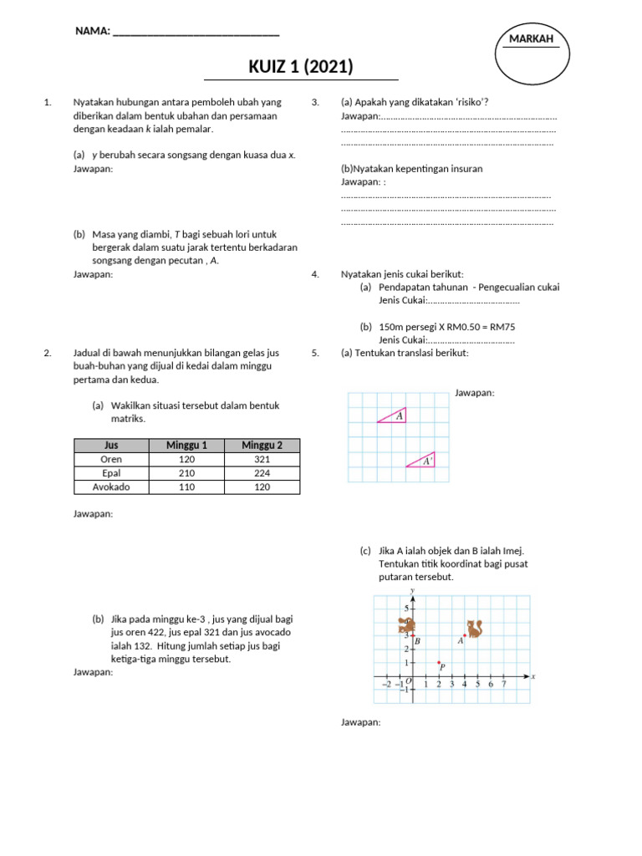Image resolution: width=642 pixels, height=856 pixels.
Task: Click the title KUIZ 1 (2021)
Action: tap(301, 67)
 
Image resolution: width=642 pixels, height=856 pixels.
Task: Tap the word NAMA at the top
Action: tap(92, 31)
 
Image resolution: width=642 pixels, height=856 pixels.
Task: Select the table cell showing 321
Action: tap(262, 459)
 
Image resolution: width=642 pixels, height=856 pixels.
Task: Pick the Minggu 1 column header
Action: tap(186, 445)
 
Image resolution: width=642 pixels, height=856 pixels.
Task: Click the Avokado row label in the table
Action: tap(110, 487)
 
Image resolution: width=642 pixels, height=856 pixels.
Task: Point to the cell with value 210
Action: tap(186, 473)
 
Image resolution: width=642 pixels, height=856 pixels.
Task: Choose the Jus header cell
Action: tap(110, 445)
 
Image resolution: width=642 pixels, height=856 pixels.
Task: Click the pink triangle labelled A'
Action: tap(423, 461)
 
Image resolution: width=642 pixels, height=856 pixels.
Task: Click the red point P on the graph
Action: tap(439, 663)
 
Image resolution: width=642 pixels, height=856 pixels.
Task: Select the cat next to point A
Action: tap(475, 628)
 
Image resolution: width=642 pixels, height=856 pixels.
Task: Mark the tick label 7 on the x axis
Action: tap(503, 684)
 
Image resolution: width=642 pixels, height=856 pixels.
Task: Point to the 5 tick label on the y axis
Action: tap(406, 609)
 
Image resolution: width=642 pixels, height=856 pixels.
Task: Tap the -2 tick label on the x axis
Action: tap(385, 684)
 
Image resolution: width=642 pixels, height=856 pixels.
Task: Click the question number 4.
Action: tap(315, 273)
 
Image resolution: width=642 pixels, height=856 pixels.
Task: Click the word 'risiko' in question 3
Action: tap(470, 102)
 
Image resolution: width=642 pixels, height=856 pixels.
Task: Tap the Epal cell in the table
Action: tap(110, 473)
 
